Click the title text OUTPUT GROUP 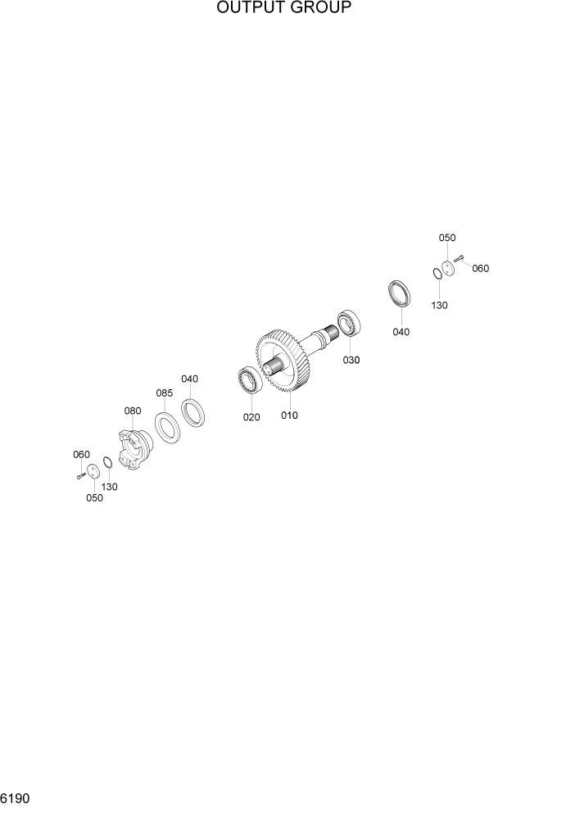[x=284, y=9]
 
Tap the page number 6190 [x=16, y=798]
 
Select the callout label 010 [x=289, y=416]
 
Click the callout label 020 [x=251, y=417]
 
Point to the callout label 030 [x=351, y=360]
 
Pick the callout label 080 [x=133, y=411]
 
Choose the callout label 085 [x=165, y=393]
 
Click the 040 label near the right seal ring [x=401, y=332]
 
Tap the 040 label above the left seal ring [x=190, y=379]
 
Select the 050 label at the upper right [x=446, y=238]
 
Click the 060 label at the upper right [x=480, y=269]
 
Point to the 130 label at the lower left [x=109, y=487]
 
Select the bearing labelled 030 [x=349, y=322]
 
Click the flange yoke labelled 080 [x=132, y=447]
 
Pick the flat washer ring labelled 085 [x=169, y=428]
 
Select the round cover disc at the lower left [x=93, y=472]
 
